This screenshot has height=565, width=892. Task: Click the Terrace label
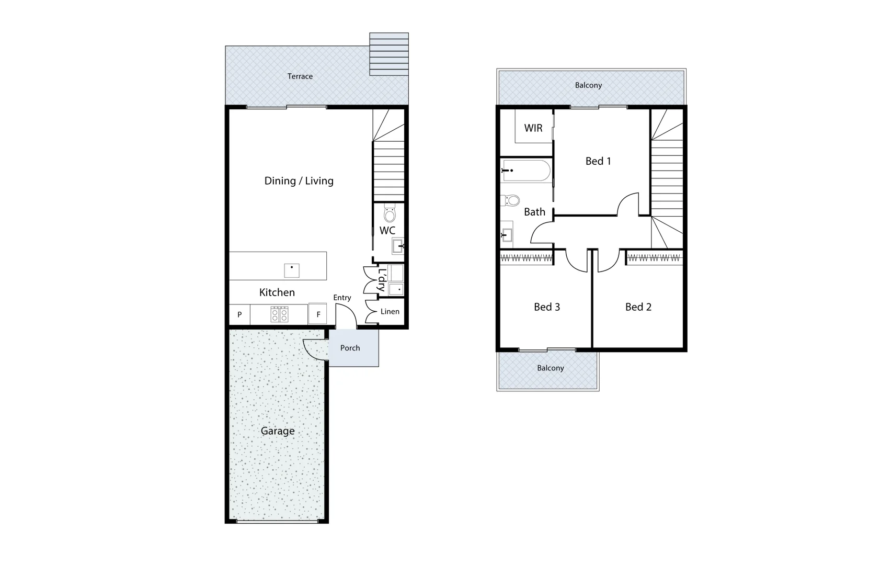point(300,76)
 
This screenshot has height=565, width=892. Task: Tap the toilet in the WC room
point(390,213)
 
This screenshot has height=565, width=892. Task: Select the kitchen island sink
point(291,270)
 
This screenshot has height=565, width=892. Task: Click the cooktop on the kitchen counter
point(279,314)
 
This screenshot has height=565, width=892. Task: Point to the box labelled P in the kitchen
point(239,314)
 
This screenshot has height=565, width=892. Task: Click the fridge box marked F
point(318,314)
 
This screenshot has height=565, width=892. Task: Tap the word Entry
point(342,298)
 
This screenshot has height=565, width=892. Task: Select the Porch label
point(350,348)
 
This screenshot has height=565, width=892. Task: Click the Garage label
point(278,431)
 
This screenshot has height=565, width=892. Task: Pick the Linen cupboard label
point(390,311)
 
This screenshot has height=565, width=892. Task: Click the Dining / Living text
point(299,181)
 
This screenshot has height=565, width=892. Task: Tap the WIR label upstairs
point(533,128)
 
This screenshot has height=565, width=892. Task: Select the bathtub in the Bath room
point(526,171)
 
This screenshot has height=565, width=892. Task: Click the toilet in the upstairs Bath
point(511,200)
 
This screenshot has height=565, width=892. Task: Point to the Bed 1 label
point(598,161)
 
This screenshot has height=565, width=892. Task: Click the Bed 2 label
point(638,307)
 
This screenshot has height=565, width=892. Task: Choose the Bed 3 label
point(546,307)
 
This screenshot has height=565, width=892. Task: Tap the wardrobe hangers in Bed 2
point(654,257)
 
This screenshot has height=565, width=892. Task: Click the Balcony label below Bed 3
point(550,368)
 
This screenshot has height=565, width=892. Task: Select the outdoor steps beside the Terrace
point(388,54)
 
